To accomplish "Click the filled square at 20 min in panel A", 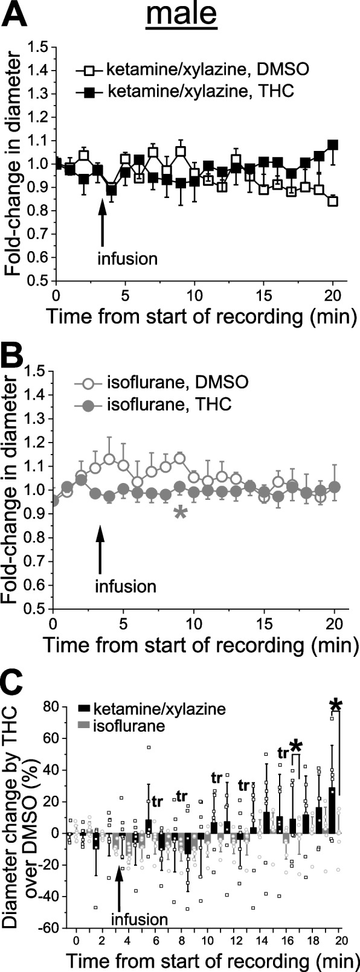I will [332, 145].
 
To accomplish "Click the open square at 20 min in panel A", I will [332, 201].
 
